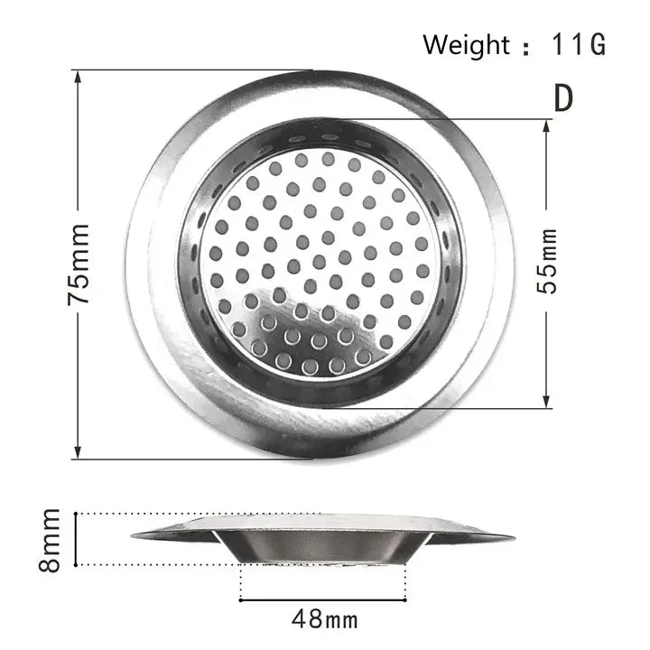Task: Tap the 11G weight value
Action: (x=574, y=43)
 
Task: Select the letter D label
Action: (x=563, y=97)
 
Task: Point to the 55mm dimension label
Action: (x=548, y=263)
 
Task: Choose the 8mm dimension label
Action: (x=51, y=540)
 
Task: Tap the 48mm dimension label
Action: (x=325, y=619)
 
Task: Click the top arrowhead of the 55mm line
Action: (x=547, y=124)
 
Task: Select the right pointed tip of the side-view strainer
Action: (x=512, y=537)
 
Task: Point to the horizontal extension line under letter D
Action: (x=469, y=118)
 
